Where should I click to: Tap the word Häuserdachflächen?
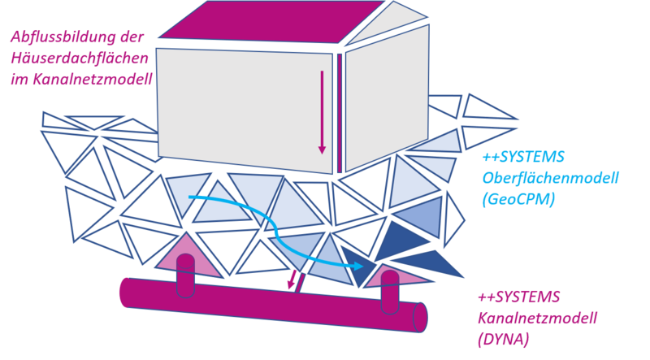click(79, 58)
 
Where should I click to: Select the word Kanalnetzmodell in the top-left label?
click(93, 79)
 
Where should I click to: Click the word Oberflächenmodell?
click(550, 178)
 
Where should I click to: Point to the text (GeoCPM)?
click(518, 199)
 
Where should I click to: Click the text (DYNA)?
click(504, 340)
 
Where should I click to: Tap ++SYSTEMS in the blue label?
click(523, 157)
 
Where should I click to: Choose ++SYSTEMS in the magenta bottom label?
click(519, 297)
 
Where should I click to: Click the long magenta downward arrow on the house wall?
click(322, 112)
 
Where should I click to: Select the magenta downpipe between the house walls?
click(340, 113)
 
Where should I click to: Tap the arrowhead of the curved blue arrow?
click(357, 266)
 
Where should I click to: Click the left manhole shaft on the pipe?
click(186, 275)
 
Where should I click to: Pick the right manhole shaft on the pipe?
click(390, 292)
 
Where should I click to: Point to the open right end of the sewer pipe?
click(420, 317)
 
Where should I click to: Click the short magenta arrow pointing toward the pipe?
click(292, 280)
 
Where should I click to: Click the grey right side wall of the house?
click(388, 98)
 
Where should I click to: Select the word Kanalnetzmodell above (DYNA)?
click(538, 318)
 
